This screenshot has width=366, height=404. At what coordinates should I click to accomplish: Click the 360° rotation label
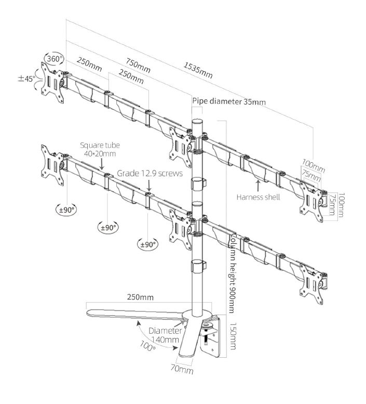click(53, 58)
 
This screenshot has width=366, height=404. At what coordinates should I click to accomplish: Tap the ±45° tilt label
click(28, 79)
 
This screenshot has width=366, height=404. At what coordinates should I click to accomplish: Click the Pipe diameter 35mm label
click(228, 101)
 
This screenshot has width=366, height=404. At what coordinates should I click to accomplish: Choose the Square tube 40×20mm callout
click(98, 150)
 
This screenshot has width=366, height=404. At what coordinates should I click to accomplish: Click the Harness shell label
click(258, 197)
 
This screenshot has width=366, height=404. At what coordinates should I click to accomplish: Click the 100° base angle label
click(148, 346)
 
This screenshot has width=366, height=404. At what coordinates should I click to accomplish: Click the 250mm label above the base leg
click(140, 297)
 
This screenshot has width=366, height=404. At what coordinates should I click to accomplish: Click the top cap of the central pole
click(198, 122)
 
